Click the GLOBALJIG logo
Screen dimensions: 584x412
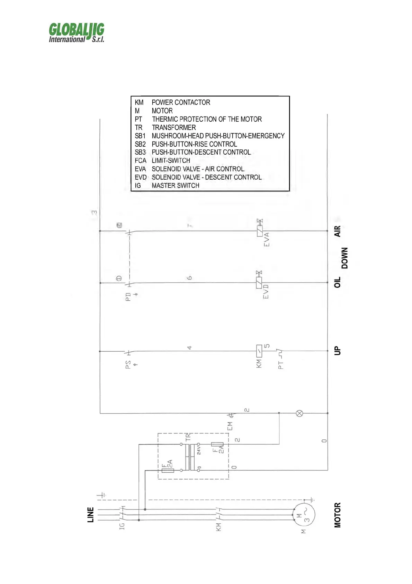coord(77,33)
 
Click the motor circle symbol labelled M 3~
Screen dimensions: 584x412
coord(304,515)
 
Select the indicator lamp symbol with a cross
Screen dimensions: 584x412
coord(300,413)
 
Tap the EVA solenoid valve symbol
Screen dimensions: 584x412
coord(260,231)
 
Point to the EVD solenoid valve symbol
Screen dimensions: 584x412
coord(259,283)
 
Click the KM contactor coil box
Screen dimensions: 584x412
coord(259,351)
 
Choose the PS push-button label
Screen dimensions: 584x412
coord(128,364)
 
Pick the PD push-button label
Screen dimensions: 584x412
coord(128,297)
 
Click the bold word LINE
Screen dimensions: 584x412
coord(91,515)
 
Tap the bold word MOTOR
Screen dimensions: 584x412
coord(338,515)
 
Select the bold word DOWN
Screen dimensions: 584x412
coord(344,258)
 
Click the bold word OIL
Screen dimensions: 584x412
coord(338,282)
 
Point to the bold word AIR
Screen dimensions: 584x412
coord(338,231)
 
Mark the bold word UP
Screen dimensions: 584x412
coord(338,351)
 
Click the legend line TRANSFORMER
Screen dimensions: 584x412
coord(174,128)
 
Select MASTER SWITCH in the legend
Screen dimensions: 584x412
coord(176,186)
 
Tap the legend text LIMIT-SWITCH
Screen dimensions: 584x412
coord(171,161)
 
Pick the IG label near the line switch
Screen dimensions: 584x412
coord(122,526)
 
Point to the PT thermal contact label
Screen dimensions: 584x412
coord(281,364)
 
